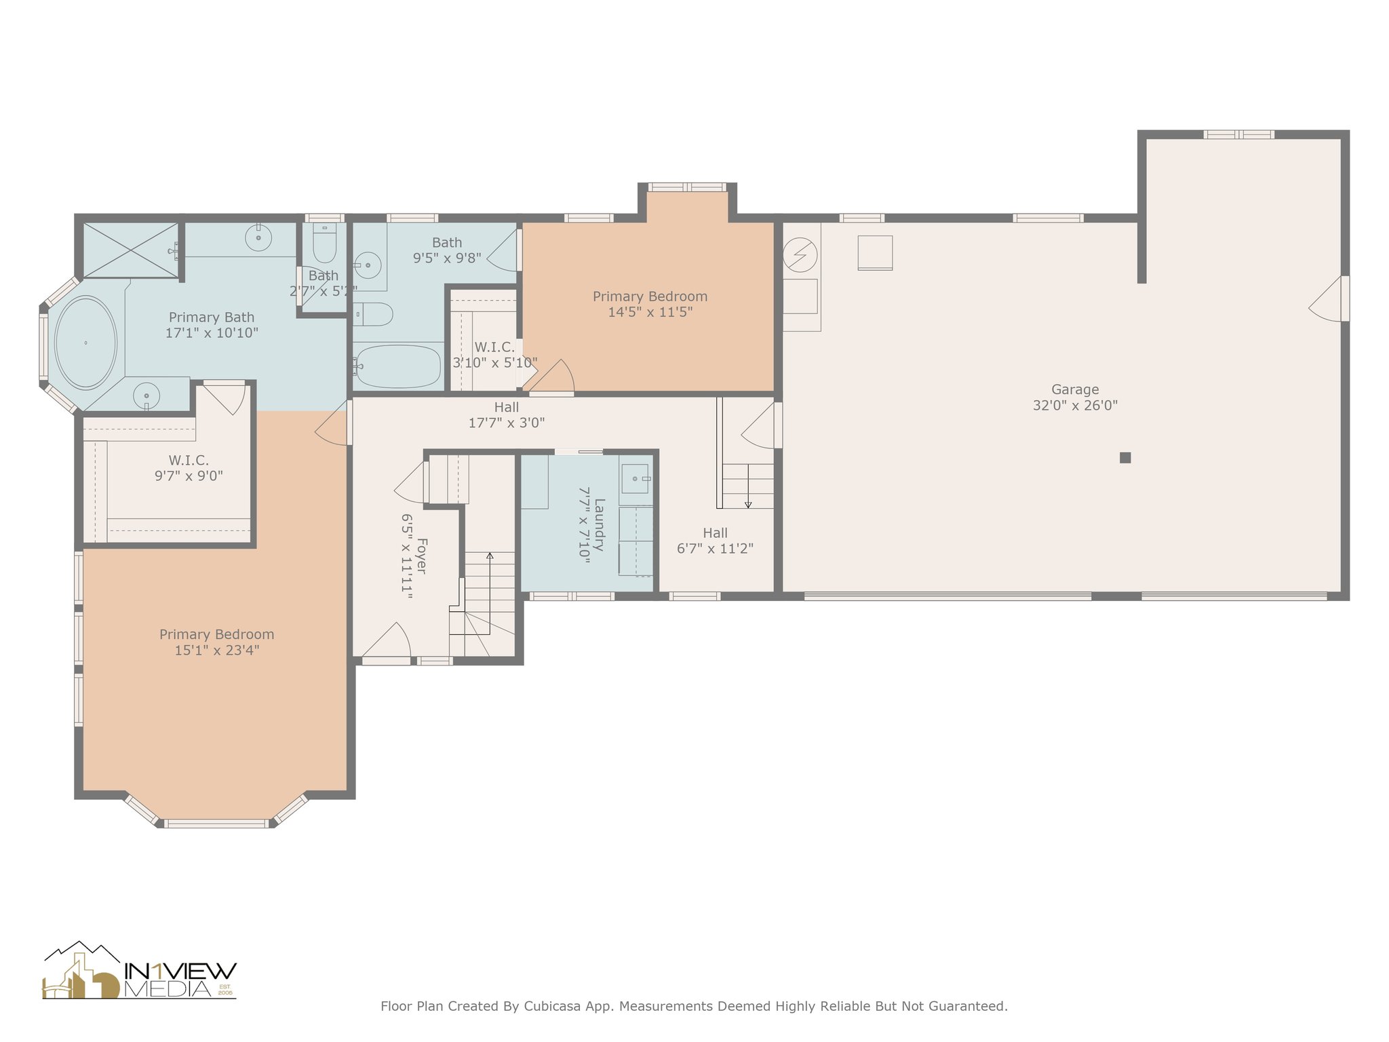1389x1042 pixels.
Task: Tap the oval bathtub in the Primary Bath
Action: (86, 343)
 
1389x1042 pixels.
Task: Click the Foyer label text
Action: (421, 556)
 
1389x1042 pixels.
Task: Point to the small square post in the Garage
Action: (1125, 458)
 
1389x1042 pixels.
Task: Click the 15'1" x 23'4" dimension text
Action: (217, 651)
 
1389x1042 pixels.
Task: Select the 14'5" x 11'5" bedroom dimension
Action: (650, 312)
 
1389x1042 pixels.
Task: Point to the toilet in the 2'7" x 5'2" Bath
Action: (324, 244)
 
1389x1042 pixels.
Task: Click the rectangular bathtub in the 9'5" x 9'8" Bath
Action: (397, 366)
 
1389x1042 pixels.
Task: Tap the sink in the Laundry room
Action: (635, 479)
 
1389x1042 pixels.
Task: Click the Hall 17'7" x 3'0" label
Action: (507, 415)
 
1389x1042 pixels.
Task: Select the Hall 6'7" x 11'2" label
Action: (716, 541)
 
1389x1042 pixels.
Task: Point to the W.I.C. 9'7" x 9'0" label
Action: (189, 468)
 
